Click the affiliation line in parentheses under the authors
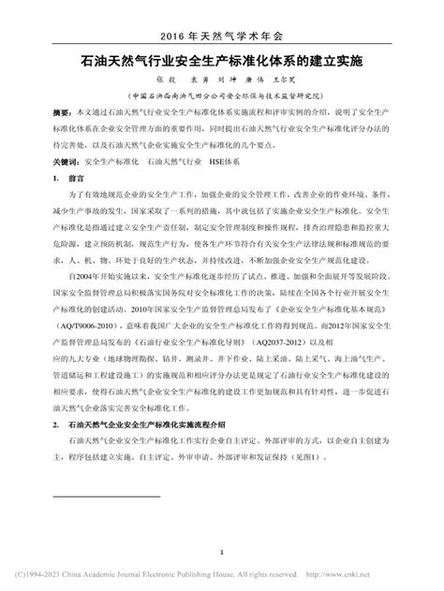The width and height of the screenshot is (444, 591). pyautogui.click(x=221, y=97)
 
